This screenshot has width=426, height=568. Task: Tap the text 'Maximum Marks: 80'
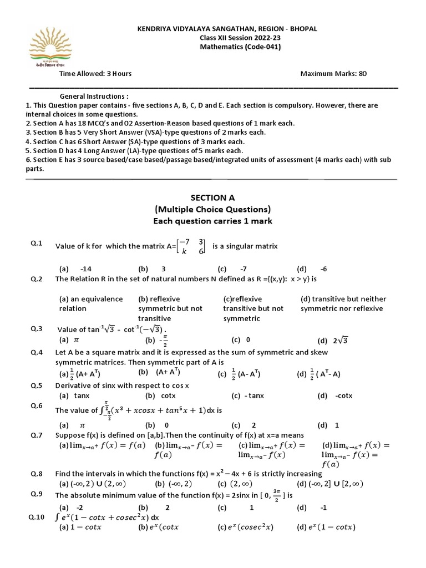333,73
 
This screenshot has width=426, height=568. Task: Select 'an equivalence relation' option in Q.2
91,303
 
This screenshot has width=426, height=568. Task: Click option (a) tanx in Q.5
74,395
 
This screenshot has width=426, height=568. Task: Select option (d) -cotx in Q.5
335,395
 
